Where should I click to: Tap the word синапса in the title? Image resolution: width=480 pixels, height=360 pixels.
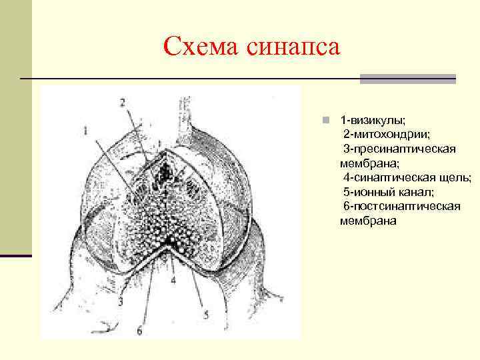tap(293, 47)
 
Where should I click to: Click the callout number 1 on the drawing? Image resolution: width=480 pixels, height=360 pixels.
tap(86, 132)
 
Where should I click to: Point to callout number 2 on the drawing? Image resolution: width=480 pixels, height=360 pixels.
tap(122, 103)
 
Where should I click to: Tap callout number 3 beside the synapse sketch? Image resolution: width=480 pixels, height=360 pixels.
tap(121, 302)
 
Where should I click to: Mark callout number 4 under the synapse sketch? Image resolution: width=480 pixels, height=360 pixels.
tap(173, 280)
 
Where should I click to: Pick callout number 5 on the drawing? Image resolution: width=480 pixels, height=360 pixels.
tap(205, 314)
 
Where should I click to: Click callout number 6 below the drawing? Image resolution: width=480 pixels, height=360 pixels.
tap(139, 329)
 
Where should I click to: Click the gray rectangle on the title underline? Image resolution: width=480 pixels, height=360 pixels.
tap(407, 79)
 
